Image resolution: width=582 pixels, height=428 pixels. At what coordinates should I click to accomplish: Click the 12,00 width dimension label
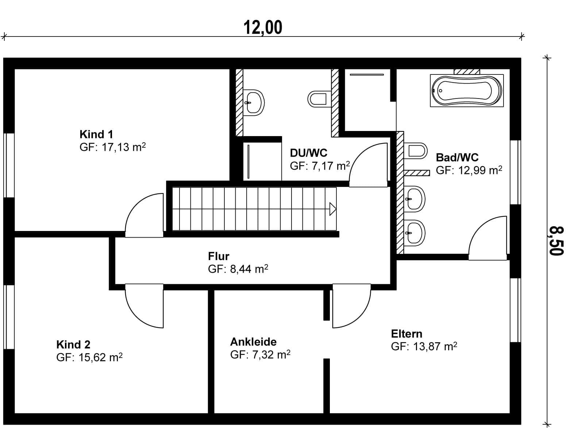pyautogui.click(x=263, y=27)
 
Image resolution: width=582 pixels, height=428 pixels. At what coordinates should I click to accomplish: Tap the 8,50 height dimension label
pyautogui.click(x=556, y=241)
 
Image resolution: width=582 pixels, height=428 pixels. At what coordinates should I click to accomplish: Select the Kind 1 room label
pyautogui.click(x=96, y=134)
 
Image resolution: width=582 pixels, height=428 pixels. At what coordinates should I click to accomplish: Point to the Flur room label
pyautogui.click(x=219, y=256)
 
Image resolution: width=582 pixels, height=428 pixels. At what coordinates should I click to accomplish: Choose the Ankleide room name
pyautogui.click(x=253, y=342)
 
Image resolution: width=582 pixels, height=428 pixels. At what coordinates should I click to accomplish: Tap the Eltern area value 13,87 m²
pyautogui.click(x=435, y=346)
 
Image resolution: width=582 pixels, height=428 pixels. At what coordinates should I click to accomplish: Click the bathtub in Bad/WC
pyautogui.click(x=467, y=90)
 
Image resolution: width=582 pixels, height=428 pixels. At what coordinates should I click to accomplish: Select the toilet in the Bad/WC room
pyautogui.click(x=416, y=150)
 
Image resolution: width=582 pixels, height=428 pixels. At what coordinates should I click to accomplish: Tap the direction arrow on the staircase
pyautogui.click(x=333, y=209)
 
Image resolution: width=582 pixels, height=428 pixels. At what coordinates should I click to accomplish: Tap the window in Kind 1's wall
pyautogui.click(x=9, y=166)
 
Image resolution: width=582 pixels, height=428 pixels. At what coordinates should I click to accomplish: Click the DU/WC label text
pyautogui.click(x=308, y=153)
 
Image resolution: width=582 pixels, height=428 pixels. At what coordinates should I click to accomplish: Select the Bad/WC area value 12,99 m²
pyautogui.click(x=480, y=170)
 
